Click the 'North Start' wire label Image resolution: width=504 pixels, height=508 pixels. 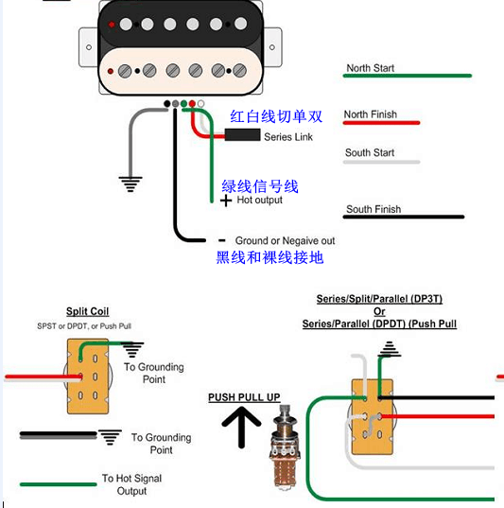click(x=370, y=68)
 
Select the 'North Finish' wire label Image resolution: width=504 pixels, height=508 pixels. click(x=370, y=114)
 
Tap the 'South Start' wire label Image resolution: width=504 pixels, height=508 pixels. click(x=370, y=152)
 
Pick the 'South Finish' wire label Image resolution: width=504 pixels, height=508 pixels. click(x=373, y=209)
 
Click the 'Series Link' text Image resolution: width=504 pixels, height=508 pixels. click(x=288, y=137)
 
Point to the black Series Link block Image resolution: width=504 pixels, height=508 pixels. click(x=242, y=135)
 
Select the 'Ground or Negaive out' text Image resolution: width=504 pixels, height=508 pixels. click(x=285, y=241)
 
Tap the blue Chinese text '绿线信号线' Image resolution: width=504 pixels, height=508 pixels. click(x=259, y=185)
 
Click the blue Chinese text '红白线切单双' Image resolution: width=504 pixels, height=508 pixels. click(x=276, y=116)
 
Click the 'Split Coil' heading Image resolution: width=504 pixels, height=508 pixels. click(x=87, y=311)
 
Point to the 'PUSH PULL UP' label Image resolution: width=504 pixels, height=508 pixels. click(x=244, y=397)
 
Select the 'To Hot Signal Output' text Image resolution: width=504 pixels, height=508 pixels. click(x=131, y=485)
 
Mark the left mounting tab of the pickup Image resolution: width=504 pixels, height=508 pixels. click(x=87, y=47)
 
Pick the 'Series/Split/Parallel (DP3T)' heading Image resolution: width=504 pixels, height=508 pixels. click(x=379, y=299)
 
